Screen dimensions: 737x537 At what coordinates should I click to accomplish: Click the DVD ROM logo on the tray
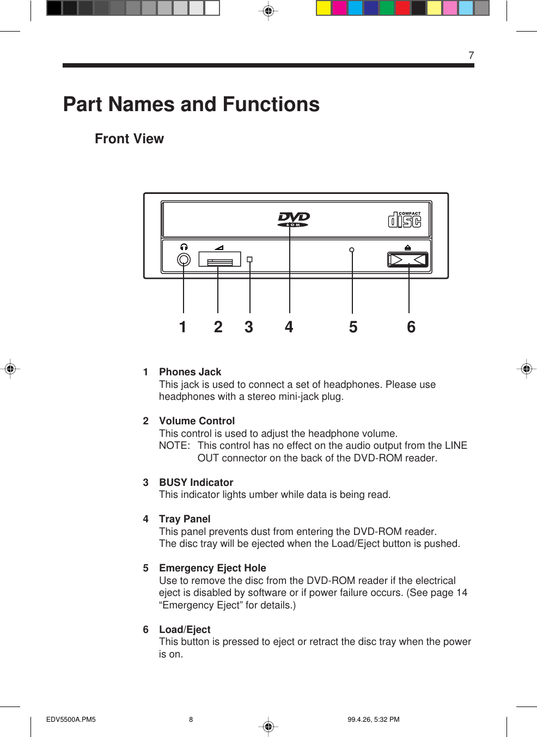294,219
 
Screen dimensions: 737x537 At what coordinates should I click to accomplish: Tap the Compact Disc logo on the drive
405,220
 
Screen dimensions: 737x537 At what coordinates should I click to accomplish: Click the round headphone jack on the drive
184,260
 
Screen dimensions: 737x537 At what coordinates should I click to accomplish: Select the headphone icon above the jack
184,247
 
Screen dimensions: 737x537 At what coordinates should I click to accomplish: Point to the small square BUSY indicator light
249,260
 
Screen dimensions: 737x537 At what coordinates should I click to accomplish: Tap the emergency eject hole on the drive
352,250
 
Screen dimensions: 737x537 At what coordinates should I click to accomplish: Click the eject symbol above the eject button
408,247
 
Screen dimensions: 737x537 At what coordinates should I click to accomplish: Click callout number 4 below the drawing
289,327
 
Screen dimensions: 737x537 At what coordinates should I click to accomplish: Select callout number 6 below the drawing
411,327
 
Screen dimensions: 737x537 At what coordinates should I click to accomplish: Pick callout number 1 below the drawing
183,327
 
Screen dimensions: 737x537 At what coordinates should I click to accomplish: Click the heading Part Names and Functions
191,105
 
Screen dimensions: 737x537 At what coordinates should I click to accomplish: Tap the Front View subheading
129,139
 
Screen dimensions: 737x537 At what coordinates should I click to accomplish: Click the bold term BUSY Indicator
196,483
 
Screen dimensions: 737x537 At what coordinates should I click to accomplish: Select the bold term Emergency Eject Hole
212,568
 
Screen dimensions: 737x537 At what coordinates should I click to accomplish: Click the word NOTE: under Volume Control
174,446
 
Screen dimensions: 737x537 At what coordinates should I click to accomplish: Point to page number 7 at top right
471,56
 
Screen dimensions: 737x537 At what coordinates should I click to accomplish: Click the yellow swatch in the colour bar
324,8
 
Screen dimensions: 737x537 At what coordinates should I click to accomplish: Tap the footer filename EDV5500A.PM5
71,720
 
